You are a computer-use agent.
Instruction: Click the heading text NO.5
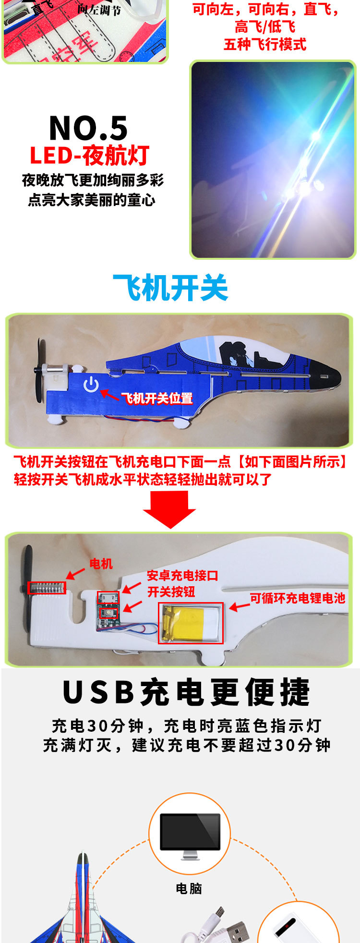click(x=89, y=128)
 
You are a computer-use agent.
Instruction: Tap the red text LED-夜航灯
click(x=90, y=156)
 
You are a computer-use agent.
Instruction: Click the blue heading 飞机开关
click(x=170, y=288)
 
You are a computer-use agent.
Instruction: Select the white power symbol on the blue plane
click(x=91, y=385)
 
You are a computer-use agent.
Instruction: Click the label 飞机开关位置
click(x=157, y=398)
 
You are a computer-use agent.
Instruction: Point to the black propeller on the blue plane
click(x=39, y=370)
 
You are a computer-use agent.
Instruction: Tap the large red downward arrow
click(x=169, y=509)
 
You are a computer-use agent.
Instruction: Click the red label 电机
click(x=101, y=564)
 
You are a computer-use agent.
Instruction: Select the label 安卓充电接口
click(x=182, y=575)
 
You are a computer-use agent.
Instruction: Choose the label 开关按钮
click(x=171, y=592)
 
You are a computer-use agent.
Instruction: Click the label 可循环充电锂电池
click(x=298, y=598)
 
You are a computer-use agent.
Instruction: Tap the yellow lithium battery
click(x=191, y=623)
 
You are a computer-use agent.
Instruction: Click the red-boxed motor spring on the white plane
click(x=47, y=588)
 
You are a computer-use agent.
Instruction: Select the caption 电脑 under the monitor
click(x=189, y=888)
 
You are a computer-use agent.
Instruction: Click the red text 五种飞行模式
click(x=265, y=45)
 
